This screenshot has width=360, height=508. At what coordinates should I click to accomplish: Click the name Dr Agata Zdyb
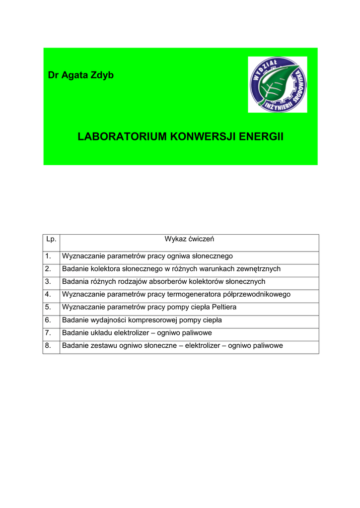[x=80, y=75]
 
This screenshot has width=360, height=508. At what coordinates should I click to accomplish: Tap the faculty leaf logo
[x=278, y=84]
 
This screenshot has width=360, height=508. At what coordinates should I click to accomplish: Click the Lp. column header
[x=51, y=239]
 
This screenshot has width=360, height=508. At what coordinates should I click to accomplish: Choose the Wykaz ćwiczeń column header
[x=189, y=239]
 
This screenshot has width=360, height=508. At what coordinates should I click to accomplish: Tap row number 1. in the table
[x=48, y=256]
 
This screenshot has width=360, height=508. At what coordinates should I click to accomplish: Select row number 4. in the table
[x=48, y=294]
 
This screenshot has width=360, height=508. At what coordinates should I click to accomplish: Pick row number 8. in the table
[x=48, y=345]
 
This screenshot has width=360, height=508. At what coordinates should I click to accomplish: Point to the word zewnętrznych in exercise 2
[x=256, y=269]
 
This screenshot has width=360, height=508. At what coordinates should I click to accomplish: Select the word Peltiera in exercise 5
[x=221, y=307]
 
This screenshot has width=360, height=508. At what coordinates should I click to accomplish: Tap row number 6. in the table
[x=48, y=320]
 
